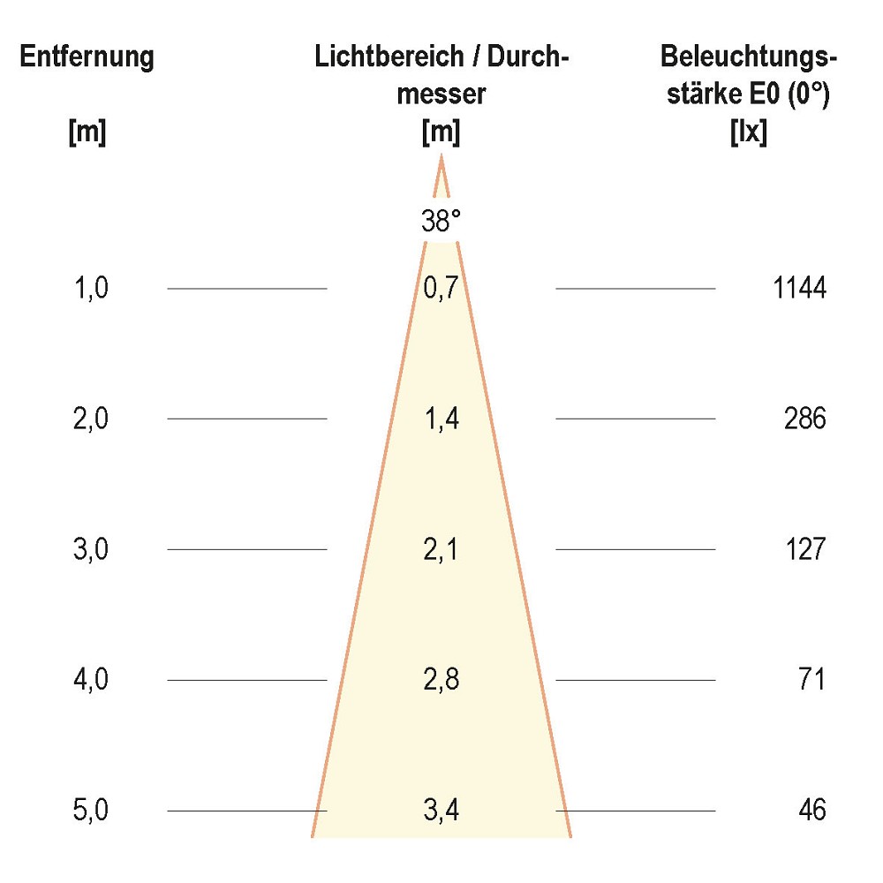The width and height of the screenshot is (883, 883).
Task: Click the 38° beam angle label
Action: (x=441, y=222)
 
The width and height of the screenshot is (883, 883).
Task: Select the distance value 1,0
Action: (x=91, y=288)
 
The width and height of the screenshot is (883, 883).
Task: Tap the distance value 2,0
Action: (x=91, y=419)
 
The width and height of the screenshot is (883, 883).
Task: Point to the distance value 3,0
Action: (x=91, y=549)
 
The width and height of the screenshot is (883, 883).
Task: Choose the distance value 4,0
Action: (x=91, y=680)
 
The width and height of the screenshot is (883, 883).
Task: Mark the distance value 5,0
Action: (x=91, y=811)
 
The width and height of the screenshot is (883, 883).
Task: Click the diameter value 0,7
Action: (x=441, y=288)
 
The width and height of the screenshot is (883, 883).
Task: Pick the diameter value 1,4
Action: (x=441, y=419)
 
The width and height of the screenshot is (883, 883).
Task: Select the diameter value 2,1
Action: (x=441, y=549)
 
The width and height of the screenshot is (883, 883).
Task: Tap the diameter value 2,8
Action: (x=441, y=680)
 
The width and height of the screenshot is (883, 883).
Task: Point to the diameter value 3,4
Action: (x=441, y=811)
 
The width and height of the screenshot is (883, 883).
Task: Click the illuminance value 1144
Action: (x=799, y=288)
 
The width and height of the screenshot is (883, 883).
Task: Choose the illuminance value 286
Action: (x=805, y=419)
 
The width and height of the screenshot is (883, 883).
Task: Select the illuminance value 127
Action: (x=805, y=549)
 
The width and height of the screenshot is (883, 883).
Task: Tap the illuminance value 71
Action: (x=811, y=680)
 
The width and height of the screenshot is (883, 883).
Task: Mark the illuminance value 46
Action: (x=811, y=811)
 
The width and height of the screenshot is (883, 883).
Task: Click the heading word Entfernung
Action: (x=87, y=58)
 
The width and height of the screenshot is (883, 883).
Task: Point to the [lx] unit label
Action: (x=749, y=133)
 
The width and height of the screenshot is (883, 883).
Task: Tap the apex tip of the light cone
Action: (x=441, y=158)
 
